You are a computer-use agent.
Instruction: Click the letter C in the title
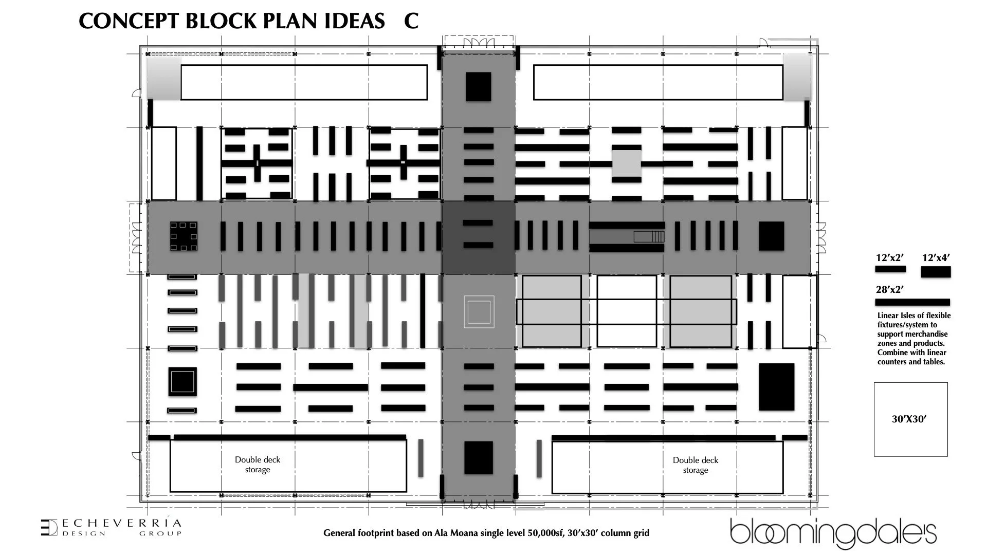pos(411,21)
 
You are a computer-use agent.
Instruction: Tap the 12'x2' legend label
pos(890,258)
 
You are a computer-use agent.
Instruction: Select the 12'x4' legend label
pos(936,258)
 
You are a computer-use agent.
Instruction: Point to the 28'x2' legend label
pos(890,290)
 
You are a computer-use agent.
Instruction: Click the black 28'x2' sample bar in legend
pos(912,302)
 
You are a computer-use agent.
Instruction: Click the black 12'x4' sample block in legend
pos(936,272)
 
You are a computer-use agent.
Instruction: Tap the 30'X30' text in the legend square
pos(909,419)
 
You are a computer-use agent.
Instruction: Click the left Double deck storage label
pos(258,465)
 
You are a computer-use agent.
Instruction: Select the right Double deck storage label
pos(696,465)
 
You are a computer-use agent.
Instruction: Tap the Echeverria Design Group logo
pos(111,528)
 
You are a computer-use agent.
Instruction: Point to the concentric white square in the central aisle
pos(479,312)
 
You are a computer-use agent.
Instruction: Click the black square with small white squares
pos(184,236)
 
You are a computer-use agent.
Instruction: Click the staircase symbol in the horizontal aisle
pos(649,237)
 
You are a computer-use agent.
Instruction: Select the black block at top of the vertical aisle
pos(479,86)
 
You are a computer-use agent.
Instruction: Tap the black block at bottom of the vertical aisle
pos(479,457)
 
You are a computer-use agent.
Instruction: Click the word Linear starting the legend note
pos(888,316)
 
